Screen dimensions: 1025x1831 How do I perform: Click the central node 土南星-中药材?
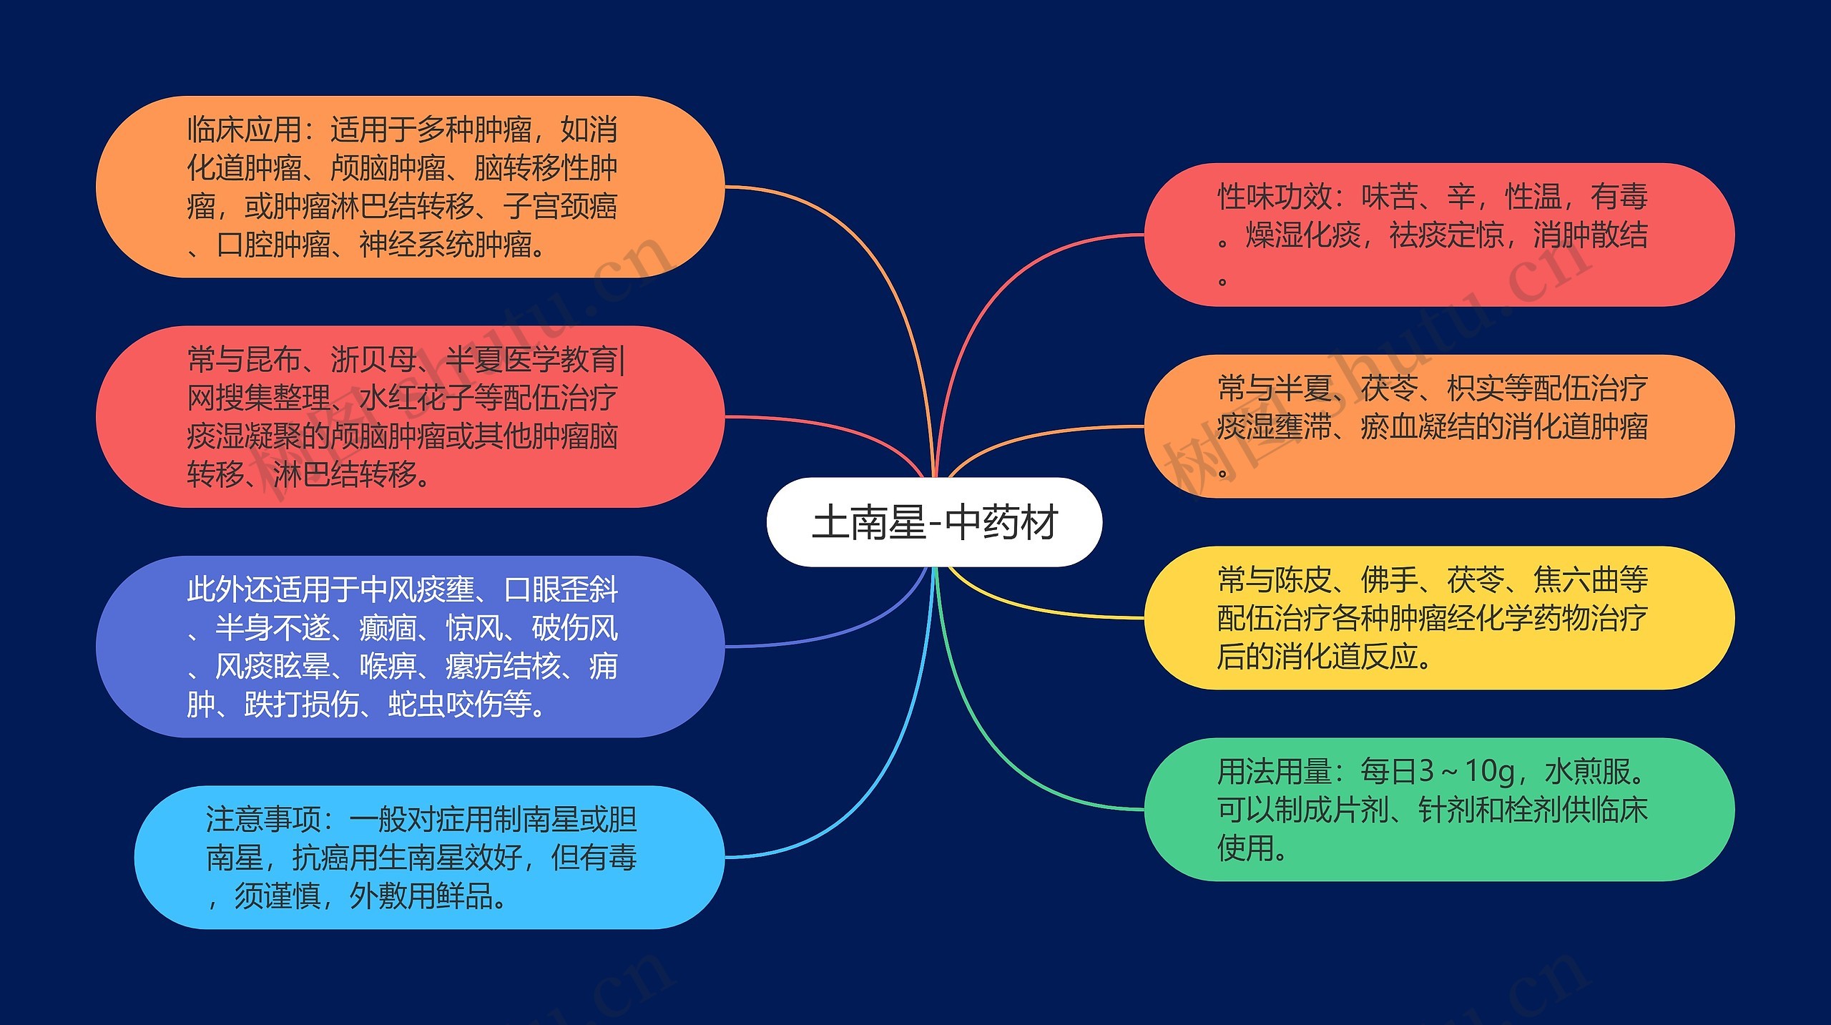934,522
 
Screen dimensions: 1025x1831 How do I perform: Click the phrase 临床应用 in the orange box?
243,130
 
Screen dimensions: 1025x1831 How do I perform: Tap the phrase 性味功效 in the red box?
1275,197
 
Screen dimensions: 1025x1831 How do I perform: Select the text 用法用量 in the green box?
1275,772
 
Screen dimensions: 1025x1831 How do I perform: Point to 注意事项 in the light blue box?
263,820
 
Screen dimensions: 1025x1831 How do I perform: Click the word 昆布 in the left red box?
273,360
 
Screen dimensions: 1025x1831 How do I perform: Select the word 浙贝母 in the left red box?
373,360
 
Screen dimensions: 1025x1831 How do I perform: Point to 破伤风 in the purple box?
575,629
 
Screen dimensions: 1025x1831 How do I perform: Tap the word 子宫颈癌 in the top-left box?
560,207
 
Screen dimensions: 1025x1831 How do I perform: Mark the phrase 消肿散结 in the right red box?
1590,235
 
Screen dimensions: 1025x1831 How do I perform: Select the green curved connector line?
1001,758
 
